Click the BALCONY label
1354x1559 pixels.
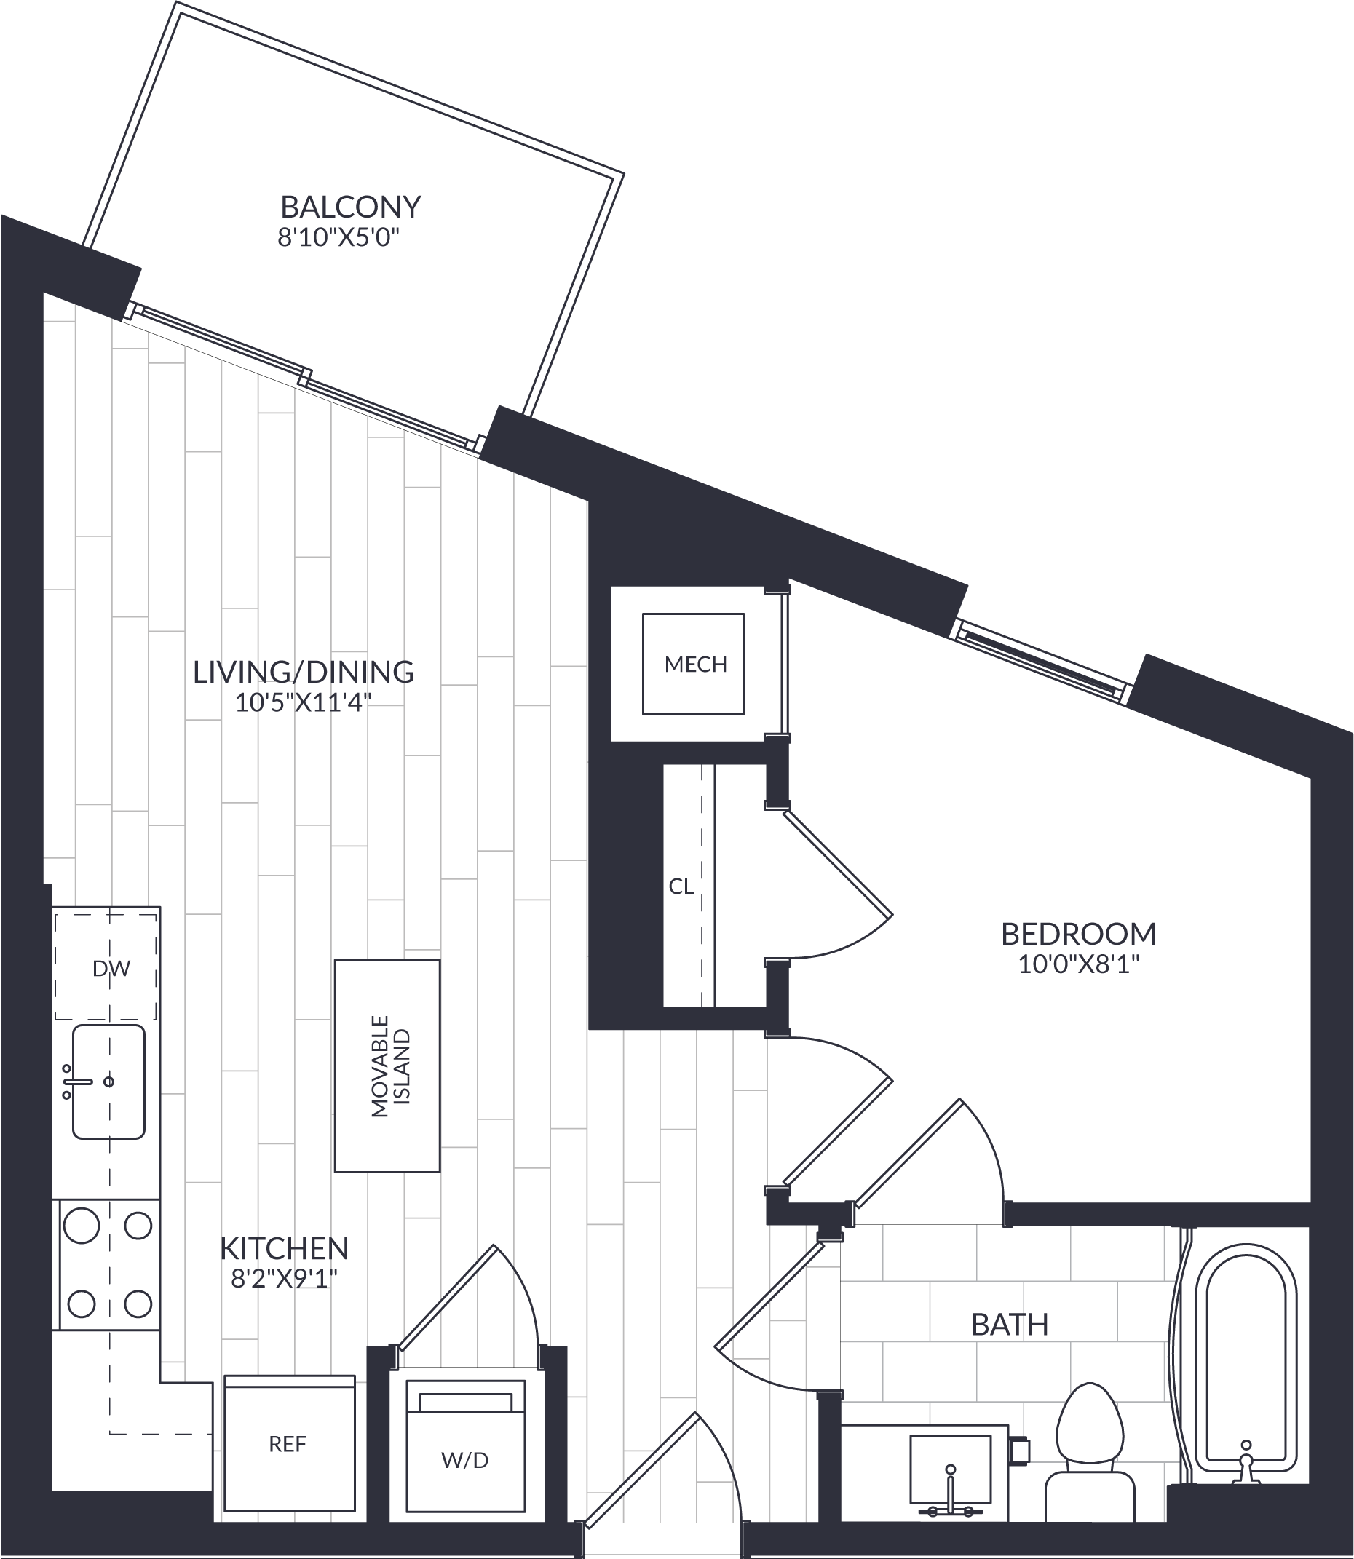351,206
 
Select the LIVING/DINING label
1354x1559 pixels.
303,672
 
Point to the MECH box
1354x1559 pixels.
693,663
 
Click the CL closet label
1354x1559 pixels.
681,886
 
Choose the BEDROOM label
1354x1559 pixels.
1078,935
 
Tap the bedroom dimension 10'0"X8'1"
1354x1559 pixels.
1078,965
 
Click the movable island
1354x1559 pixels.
387,1066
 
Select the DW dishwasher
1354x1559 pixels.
106,968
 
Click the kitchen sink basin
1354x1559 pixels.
108,1082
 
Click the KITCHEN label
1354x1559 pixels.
284,1250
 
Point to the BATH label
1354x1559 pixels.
1010,1325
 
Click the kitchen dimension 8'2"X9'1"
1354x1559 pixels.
284,1280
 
